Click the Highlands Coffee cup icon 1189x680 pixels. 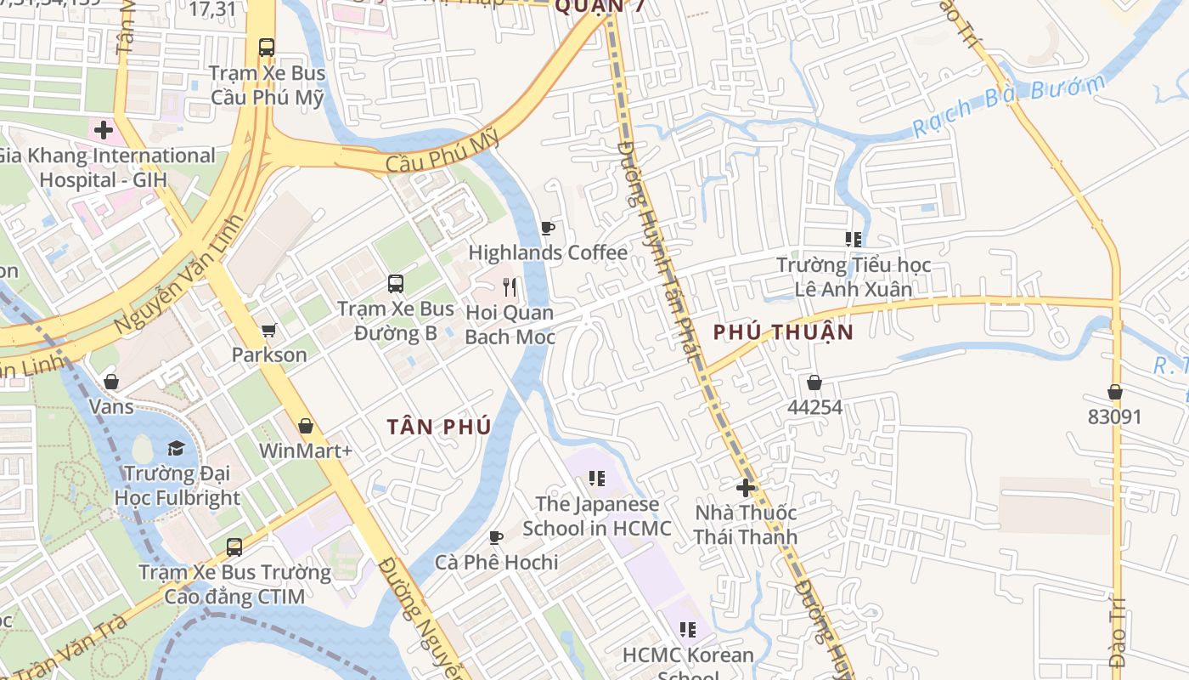548,228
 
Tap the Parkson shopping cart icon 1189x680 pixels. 268,330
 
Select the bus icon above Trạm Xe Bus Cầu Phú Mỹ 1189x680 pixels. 267,48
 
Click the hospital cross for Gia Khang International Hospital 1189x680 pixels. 104,130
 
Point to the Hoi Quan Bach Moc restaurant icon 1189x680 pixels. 510,287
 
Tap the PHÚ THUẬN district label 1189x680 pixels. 782,332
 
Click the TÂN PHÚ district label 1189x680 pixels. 439,427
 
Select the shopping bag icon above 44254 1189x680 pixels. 814,382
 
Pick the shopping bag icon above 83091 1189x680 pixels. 1114,392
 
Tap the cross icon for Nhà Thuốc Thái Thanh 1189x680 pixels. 746,488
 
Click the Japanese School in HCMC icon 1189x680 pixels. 597,479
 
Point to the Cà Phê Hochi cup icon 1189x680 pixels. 496,537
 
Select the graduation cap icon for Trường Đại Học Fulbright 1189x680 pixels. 176,448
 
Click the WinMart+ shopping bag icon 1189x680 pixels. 305,425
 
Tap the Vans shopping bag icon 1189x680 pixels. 111,382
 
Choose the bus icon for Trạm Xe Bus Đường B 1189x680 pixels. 395,283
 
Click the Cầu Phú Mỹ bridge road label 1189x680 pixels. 442,153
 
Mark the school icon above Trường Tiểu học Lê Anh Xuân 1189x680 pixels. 854,240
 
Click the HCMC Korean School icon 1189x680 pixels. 688,630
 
